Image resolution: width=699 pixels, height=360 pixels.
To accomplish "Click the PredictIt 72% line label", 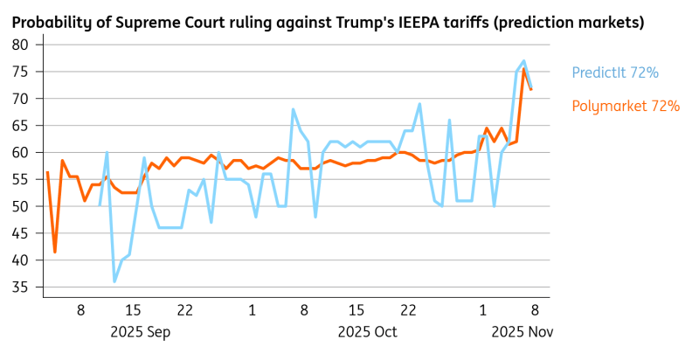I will point(615,73).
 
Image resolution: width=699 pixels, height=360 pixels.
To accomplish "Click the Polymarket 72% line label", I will point(626,107).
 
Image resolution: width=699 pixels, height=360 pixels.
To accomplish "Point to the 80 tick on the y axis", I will point(20,45).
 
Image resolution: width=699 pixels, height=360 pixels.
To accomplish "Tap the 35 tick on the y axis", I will point(20,287).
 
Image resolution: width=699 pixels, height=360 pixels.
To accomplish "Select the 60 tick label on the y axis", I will point(20,153).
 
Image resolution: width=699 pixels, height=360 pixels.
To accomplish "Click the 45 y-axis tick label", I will point(20,233).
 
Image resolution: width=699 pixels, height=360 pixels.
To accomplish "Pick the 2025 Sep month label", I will point(140,332).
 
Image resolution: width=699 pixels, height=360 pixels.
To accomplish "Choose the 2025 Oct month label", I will point(367,332).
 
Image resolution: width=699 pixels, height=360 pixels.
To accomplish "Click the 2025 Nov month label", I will point(522,332).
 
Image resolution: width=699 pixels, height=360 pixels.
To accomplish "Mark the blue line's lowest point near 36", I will point(114,281).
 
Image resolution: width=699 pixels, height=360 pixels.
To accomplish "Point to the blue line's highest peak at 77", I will point(523,61).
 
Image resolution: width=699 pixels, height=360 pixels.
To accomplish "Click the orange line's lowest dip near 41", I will point(55,252).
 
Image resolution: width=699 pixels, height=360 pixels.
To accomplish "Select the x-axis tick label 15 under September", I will point(133,310).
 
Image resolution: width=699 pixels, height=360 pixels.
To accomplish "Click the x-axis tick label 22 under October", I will point(408,310).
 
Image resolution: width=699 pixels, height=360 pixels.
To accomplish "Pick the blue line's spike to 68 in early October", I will point(293,109).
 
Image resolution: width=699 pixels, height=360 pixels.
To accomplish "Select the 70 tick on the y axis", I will point(20,99).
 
